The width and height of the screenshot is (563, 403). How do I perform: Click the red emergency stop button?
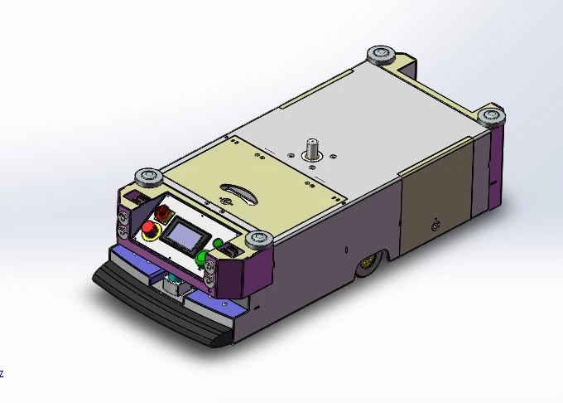pyautogui.click(x=148, y=229)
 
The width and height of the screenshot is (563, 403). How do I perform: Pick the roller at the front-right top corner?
pyautogui.click(x=258, y=240)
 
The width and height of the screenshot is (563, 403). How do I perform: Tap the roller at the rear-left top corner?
pyautogui.click(x=382, y=54)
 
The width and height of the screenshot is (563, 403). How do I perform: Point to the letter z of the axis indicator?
pyautogui.click(x=2, y=374)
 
